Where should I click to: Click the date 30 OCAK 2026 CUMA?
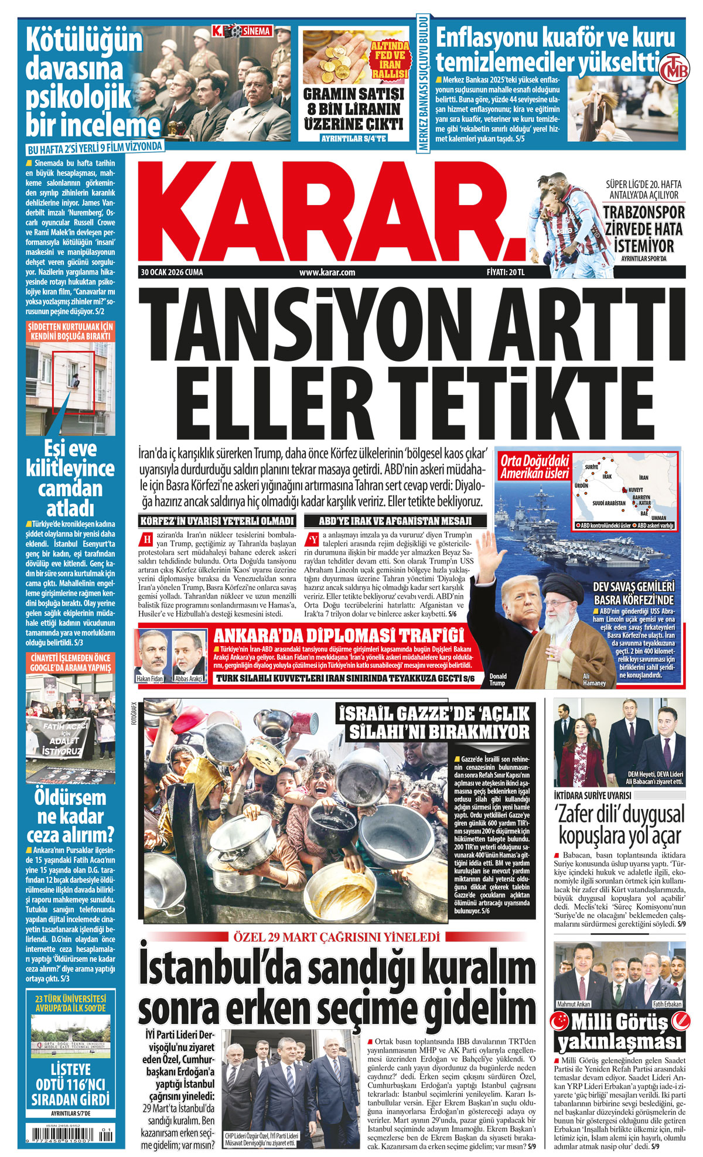point(172,272)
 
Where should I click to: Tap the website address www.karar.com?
point(327,272)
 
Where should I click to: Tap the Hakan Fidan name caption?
point(149,678)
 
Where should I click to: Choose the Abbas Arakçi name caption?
point(189,678)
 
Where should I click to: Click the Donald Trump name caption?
point(497,680)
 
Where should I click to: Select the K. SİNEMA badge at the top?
point(241,30)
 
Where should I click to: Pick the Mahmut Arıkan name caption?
point(574,1004)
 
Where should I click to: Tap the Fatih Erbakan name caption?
point(667,1004)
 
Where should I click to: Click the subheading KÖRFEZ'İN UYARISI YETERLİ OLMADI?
point(217,521)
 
